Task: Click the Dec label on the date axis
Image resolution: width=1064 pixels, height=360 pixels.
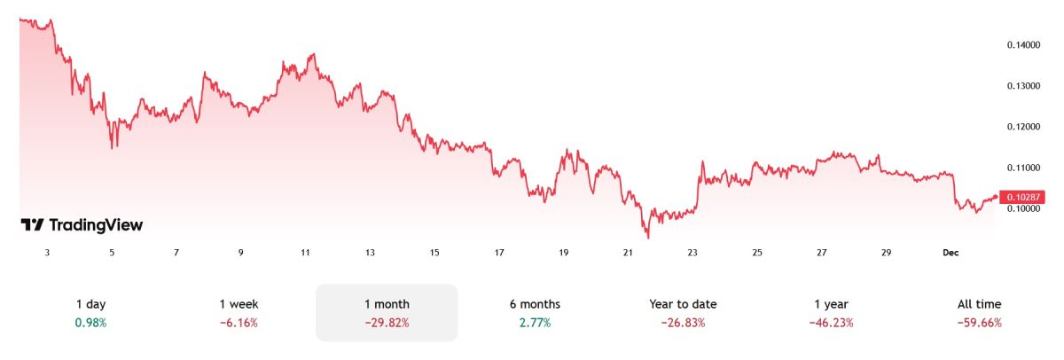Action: click(951, 253)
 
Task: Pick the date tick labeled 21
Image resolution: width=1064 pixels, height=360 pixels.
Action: click(628, 253)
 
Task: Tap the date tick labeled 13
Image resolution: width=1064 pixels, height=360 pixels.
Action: click(370, 253)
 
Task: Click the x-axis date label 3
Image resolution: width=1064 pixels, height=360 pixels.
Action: click(47, 253)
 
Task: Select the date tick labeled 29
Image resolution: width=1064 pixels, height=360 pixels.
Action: click(886, 253)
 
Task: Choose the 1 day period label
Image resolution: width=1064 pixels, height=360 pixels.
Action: click(90, 304)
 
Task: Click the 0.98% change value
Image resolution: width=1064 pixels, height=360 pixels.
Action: click(90, 323)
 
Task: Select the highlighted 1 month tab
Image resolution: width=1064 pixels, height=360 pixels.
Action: click(387, 304)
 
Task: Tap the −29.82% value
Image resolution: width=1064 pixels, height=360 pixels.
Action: click(387, 323)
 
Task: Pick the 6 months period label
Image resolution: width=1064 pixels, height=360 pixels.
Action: click(535, 304)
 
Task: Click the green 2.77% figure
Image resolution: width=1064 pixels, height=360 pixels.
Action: click(535, 323)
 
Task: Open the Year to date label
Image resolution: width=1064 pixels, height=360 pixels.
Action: click(683, 304)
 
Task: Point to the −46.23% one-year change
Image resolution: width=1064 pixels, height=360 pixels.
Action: click(831, 323)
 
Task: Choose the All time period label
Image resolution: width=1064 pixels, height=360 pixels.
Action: click(979, 304)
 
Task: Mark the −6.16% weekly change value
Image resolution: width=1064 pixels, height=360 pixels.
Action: click(239, 323)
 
